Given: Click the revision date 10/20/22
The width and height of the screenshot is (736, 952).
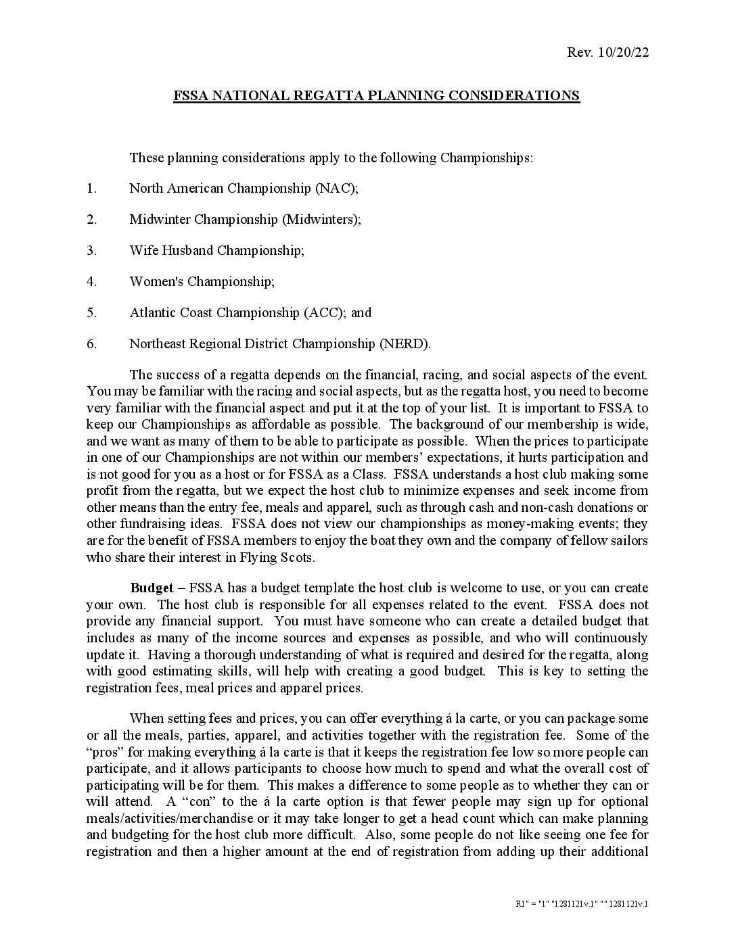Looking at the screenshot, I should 623,53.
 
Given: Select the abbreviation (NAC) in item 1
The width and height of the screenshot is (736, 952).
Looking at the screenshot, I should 336,188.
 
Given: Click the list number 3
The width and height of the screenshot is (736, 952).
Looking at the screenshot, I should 91,250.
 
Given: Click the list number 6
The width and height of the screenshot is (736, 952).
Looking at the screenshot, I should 91,343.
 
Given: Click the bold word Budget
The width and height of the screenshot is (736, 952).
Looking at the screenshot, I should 152,588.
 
